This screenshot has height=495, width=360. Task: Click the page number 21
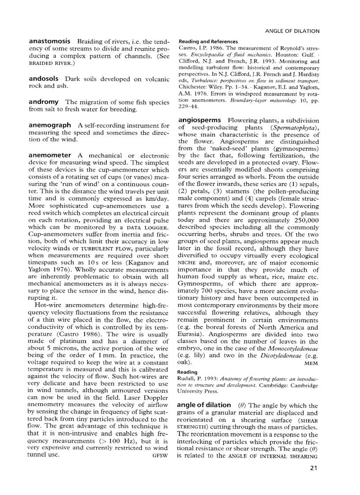[x=314, y=468]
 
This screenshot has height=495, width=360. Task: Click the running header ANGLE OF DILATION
[x=292, y=31]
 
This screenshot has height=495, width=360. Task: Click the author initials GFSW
[x=160, y=455]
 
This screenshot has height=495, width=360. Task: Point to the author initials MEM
[x=311, y=363]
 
